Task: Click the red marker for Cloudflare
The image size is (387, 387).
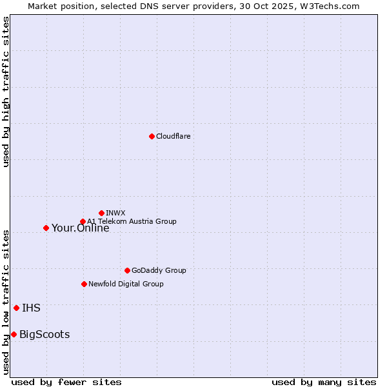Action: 152,136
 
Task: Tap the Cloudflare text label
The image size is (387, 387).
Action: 173,136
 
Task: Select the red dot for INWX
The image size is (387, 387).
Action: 101,213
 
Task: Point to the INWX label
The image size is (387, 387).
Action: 115,213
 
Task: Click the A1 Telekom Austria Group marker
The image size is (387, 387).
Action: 83,221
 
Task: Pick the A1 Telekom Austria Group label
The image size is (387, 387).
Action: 132,221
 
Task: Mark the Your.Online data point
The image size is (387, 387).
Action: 46,228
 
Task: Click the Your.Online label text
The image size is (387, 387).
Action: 80,228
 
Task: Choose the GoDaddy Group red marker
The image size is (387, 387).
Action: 127,270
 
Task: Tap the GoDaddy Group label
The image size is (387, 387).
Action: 159,270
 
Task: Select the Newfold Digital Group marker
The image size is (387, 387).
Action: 84,284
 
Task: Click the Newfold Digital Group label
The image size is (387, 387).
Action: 126,284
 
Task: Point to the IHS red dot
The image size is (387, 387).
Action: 16,308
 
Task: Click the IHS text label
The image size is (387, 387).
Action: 31,308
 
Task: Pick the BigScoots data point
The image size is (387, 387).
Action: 14,334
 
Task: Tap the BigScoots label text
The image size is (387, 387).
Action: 45,334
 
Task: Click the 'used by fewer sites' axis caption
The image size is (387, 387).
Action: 66,382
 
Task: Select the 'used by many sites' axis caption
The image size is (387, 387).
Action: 324,382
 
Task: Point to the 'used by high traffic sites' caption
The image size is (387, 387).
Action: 6,92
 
